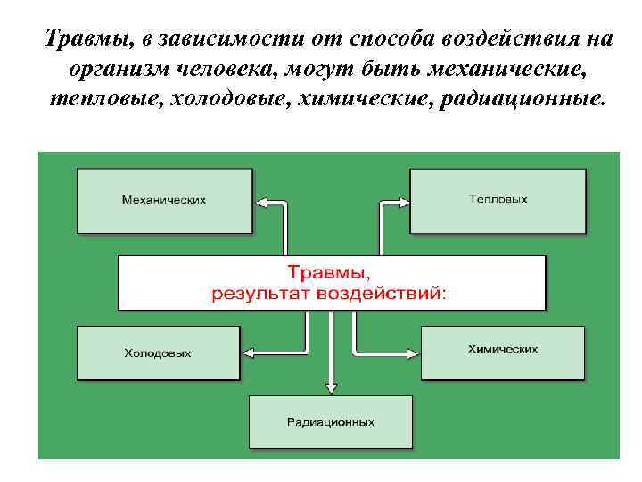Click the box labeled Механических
(x=163, y=200)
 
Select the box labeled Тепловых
(x=498, y=200)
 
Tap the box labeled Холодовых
(x=158, y=353)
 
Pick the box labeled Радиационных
(x=331, y=421)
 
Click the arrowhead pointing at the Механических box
(x=259, y=204)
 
